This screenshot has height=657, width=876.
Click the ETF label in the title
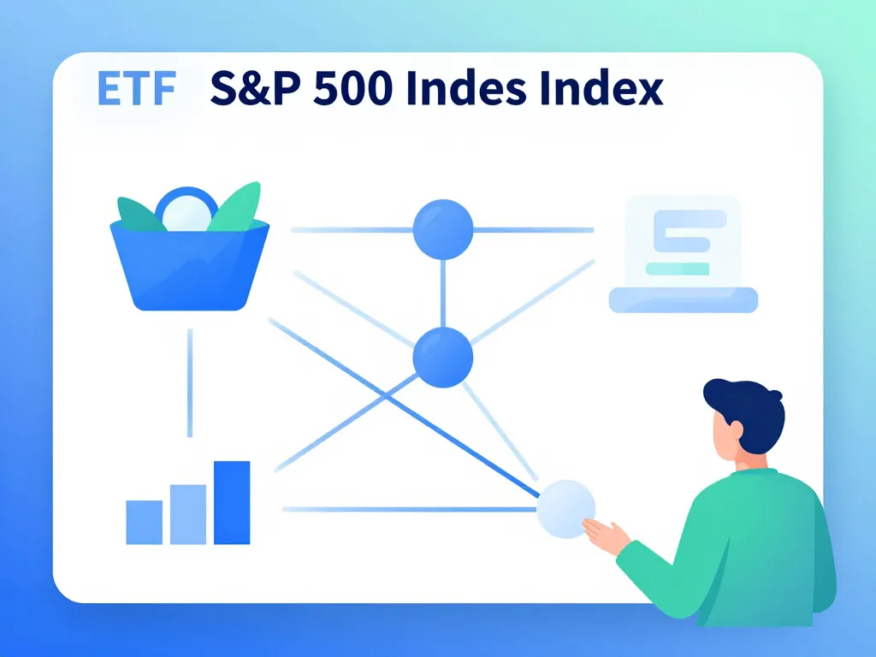coord(138,89)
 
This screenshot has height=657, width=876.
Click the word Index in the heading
coord(612,89)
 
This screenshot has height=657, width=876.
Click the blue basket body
coord(190,269)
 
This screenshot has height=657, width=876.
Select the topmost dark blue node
coord(442,229)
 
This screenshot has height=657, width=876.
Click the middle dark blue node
coord(442,357)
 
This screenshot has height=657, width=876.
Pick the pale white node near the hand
coord(565,509)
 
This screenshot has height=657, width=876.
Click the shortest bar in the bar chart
coord(144,523)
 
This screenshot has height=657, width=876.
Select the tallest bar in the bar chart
coord(232,503)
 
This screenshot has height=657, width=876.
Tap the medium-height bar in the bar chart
coord(188,515)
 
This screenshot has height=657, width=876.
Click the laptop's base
coord(683,299)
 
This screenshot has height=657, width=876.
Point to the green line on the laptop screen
coord(677,269)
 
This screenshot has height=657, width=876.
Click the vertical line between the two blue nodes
coord(442,293)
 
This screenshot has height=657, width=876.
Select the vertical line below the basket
coord(190,382)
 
